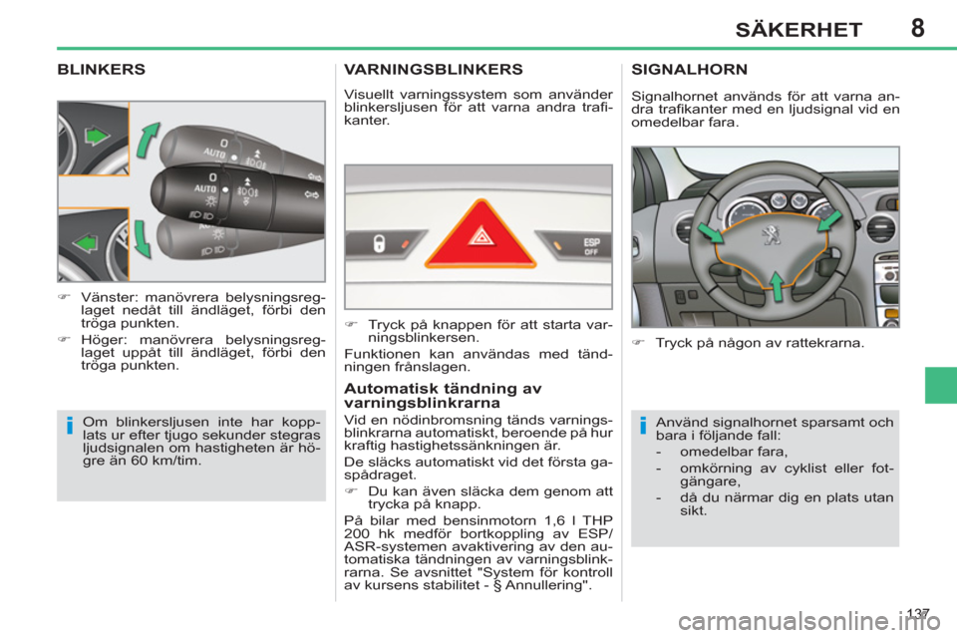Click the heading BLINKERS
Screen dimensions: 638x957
click(102, 71)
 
